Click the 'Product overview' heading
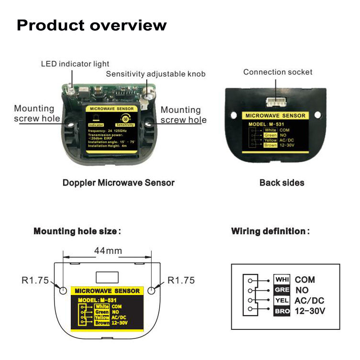click(x=91, y=25)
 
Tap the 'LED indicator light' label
click(x=75, y=64)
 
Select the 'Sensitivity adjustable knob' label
click(x=155, y=74)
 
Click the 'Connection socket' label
click(x=277, y=72)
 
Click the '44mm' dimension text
click(x=108, y=251)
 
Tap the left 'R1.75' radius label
click(x=35, y=281)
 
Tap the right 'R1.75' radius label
click(x=181, y=281)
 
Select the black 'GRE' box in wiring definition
click(x=282, y=290)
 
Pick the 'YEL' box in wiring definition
click(x=282, y=301)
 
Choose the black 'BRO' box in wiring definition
click(x=282, y=311)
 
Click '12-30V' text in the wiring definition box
click(x=310, y=311)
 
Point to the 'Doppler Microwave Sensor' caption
click(x=119, y=183)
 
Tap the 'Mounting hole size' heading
click(x=76, y=231)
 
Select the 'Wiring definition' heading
click(x=270, y=231)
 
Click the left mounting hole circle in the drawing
click(x=62, y=290)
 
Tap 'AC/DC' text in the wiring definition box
click(x=309, y=301)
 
